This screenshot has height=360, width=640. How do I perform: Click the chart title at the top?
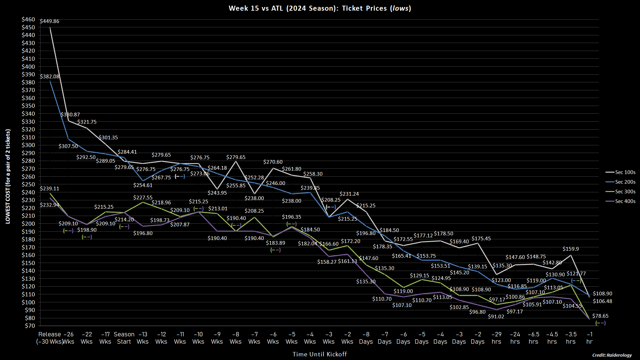click(320, 8)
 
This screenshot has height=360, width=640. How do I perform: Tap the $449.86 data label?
click(50, 21)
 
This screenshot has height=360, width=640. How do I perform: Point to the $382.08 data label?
click(50, 77)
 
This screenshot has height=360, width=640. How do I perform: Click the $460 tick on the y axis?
click(28, 19)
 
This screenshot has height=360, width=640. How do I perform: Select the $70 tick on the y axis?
click(30, 326)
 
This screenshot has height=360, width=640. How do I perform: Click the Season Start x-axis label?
click(124, 338)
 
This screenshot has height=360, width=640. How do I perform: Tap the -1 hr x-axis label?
click(589, 338)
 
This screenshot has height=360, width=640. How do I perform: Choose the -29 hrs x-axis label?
click(496, 338)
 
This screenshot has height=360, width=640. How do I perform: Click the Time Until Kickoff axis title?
click(320, 354)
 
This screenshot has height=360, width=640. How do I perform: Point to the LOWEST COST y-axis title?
click(8, 176)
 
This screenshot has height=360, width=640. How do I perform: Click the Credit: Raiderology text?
click(612, 355)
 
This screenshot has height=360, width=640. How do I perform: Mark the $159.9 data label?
click(571, 249)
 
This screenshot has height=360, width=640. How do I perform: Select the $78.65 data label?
click(600, 316)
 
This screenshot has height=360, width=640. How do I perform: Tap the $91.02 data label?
click(496, 317)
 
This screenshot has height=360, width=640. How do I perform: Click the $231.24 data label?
click(349, 194)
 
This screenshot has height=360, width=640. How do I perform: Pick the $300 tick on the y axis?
click(28, 145)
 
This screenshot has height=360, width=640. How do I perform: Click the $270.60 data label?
click(273, 162)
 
